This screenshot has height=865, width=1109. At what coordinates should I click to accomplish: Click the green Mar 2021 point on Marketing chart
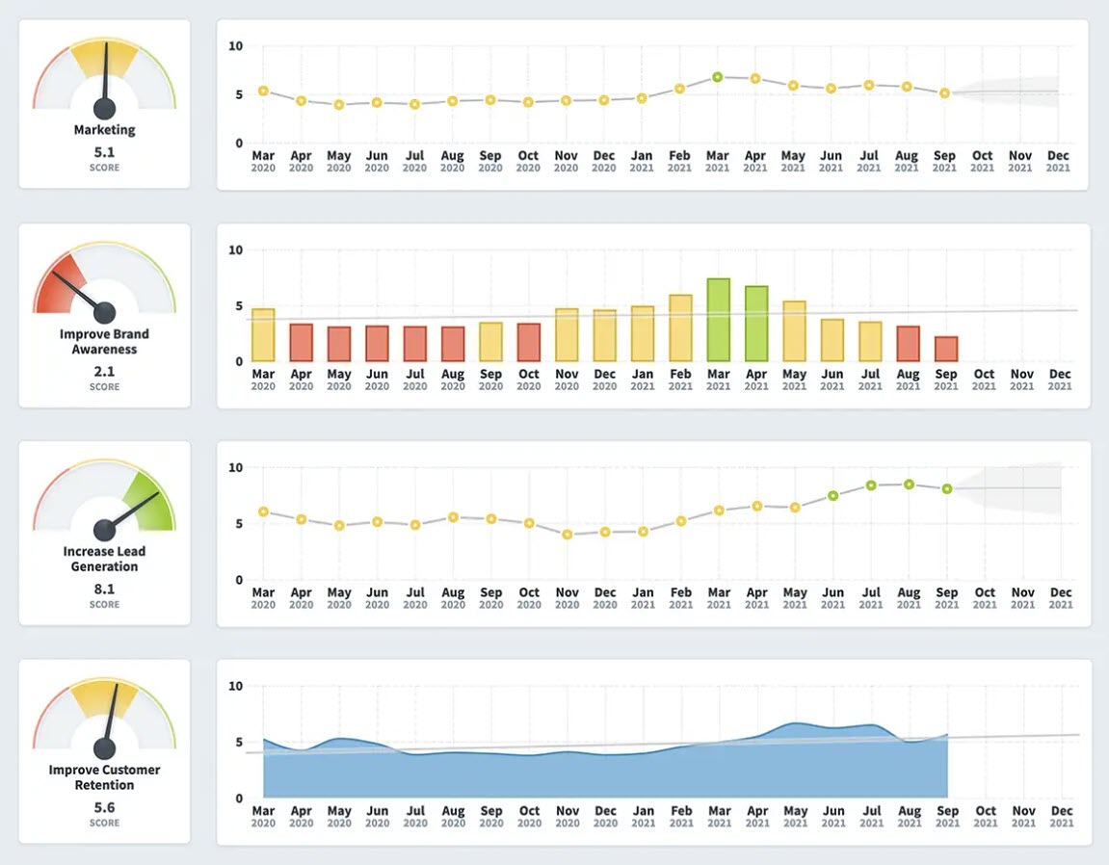click(x=718, y=77)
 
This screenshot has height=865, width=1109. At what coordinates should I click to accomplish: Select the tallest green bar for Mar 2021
click(x=718, y=320)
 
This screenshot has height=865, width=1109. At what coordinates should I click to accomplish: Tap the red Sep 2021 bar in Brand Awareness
click(x=946, y=349)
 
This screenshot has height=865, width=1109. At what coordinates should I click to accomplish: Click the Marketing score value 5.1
click(x=104, y=151)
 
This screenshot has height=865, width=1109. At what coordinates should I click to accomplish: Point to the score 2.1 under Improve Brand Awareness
click(x=104, y=371)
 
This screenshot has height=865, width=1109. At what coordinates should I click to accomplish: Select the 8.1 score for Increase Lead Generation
click(x=104, y=589)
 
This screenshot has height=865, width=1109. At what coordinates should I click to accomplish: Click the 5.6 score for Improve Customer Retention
click(x=104, y=807)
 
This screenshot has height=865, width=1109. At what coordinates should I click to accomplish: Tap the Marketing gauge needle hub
click(x=104, y=108)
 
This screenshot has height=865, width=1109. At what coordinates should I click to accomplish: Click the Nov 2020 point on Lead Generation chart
click(x=567, y=534)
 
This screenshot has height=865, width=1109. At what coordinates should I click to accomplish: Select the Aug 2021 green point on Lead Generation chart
click(x=909, y=485)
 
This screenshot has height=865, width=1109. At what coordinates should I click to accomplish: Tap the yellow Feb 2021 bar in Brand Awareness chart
click(x=680, y=328)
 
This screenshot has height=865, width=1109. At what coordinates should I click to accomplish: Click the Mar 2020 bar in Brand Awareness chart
click(x=263, y=334)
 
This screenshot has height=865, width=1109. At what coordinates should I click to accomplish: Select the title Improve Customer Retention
click(x=104, y=777)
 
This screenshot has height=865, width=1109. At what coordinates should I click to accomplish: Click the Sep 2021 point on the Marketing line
click(x=945, y=93)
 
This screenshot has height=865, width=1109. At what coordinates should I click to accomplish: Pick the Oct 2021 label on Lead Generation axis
click(x=983, y=597)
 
